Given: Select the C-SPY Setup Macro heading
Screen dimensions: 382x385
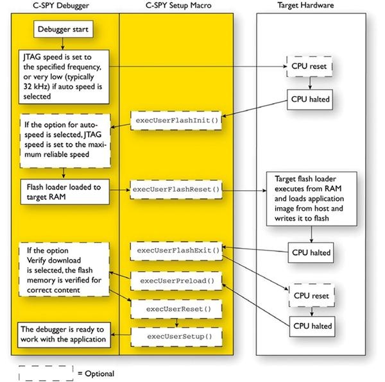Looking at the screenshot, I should (185, 5).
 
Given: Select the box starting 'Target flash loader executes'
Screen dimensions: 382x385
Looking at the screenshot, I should (311, 199).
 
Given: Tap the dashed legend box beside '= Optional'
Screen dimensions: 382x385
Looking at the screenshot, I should (46, 372).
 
